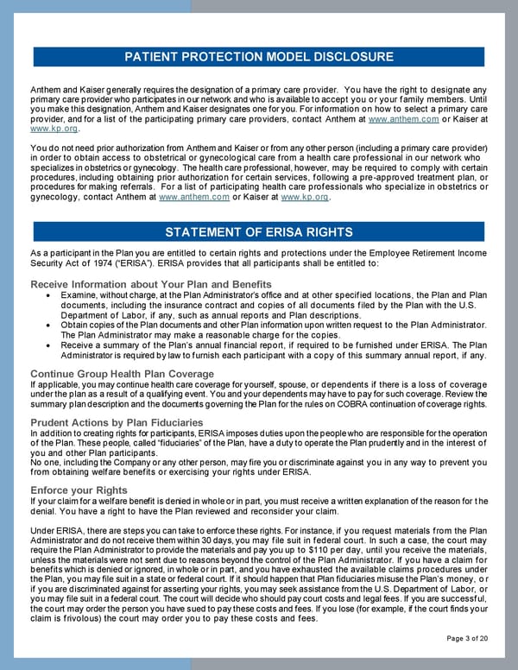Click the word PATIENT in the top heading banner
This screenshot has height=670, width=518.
pos(155,57)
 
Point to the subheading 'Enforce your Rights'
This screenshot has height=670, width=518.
pos(79,490)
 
